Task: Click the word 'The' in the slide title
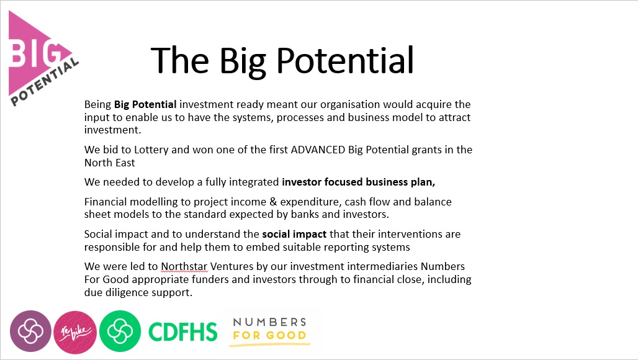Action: point(180,60)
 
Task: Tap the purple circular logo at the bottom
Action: point(30,331)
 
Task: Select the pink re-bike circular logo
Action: point(75,332)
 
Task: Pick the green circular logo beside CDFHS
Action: point(120,331)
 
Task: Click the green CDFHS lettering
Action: point(182,332)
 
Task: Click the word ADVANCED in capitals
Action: point(318,150)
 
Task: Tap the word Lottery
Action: point(151,150)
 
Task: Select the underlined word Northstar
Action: point(184,266)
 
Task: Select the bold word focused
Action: point(343,182)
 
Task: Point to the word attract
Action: point(454,117)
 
